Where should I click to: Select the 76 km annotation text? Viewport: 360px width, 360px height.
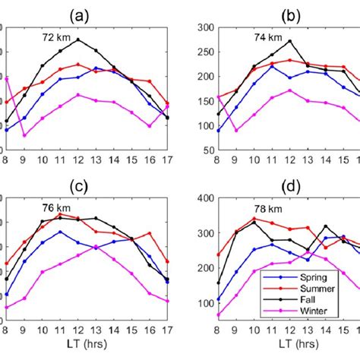[57, 206]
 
